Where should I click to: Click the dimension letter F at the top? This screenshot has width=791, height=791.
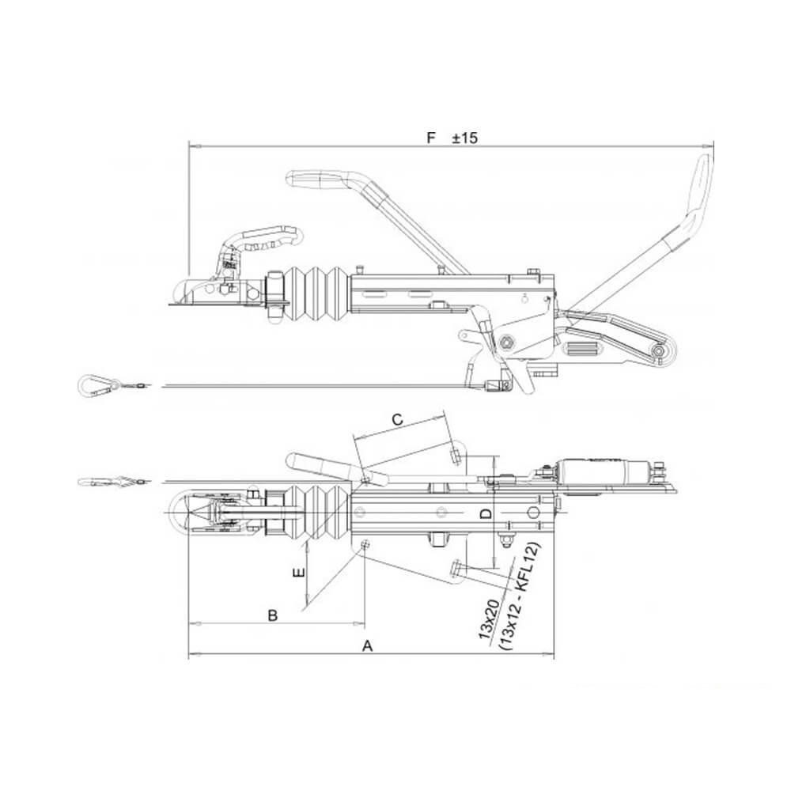pyautogui.click(x=430, y=138)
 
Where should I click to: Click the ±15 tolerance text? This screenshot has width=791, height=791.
pyautogui.click(x=464, y=138)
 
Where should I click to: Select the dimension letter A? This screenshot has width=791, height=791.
pyautogui.click(x=368, y=645)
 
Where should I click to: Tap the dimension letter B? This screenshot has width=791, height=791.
pyautogui.click(x=272, y=615)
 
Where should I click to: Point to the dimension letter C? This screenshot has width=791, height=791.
pyautogui.click(x=398, y=420)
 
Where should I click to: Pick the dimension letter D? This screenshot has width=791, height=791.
pyautogui.click(x=486, y=514)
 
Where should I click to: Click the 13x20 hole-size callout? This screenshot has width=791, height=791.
pyautogui.click(x=488, y=619)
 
